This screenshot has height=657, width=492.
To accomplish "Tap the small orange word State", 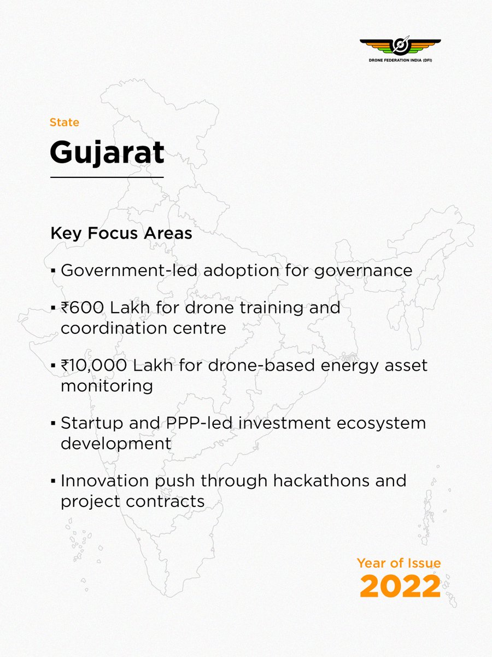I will (65, 122).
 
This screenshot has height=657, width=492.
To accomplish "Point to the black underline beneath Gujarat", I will (107, 177).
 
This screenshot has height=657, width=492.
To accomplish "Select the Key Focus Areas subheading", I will (121, 233).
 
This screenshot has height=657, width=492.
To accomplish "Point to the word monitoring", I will (106, 385).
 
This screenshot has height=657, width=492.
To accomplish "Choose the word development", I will (116, 443).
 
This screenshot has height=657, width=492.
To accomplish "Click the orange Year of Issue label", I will (399, 562).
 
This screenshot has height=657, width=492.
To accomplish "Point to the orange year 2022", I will (400, 586).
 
